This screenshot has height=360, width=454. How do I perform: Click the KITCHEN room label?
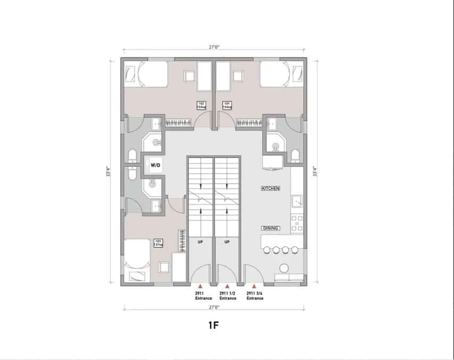tap(270, 189)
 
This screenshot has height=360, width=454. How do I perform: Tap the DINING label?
tap(270, 228)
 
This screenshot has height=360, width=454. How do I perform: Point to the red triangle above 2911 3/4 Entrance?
tap(255, 287)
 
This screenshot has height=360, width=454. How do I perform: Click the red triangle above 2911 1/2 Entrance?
tap(227, 287)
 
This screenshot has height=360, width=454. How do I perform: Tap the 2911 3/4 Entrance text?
tap(255, 296)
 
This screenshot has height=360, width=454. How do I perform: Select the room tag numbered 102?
tap(202, 105)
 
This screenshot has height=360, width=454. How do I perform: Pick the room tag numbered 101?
tap(226, 105)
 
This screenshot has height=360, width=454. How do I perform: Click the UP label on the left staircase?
tap(200, 242)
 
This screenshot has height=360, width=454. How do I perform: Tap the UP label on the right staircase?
tap(227, 242)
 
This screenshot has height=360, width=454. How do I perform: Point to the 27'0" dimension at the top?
tap(214, 47)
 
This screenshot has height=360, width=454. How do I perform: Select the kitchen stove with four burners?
tap(298, 222)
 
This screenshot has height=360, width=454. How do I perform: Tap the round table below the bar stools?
tap(284, 267)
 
